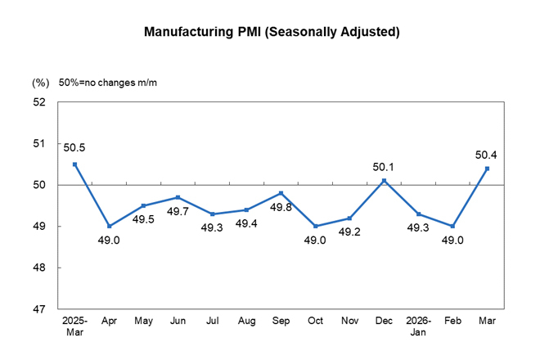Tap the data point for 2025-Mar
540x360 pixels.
point(74,164)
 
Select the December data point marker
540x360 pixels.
point(385,181)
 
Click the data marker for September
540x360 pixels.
point(281,193)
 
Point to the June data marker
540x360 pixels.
point(178,197)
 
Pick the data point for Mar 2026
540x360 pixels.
point(488,169)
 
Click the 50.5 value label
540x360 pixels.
point(74,148)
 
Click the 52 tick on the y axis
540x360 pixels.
point(39,102)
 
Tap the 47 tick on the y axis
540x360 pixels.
point(39,309)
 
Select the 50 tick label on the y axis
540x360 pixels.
point(39,185)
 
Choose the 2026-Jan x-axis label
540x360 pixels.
point(419,327)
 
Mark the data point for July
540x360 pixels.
point(213,214)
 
